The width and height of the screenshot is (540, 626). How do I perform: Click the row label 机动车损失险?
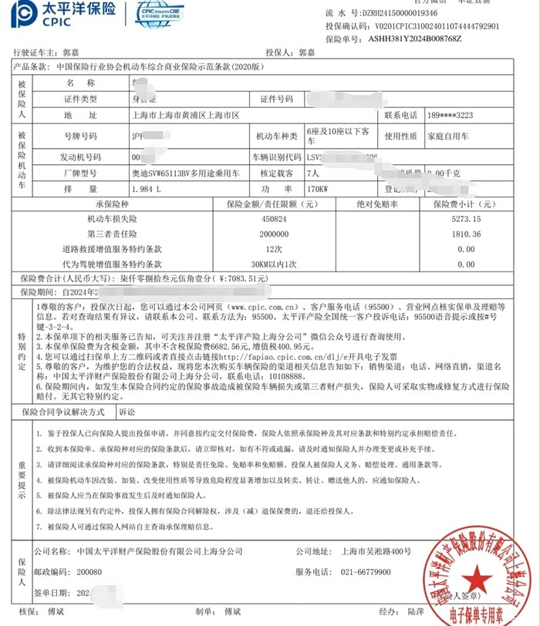[113, 219]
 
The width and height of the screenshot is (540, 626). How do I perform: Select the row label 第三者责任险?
[113, 234]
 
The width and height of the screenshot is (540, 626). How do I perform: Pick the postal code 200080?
[86, 571]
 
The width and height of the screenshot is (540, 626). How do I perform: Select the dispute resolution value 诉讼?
[127, 412]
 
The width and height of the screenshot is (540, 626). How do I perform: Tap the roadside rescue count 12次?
[271, 248]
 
